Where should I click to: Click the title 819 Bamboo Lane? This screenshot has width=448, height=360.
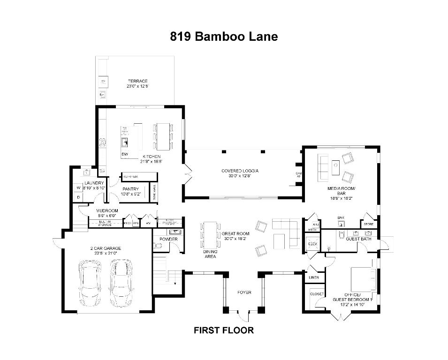(224, 37)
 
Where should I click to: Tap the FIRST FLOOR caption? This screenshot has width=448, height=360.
(224, 330)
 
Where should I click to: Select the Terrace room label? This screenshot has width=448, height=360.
(137, 82)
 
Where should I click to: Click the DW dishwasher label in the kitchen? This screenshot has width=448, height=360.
(125, 154)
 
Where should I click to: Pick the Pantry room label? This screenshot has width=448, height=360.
(131, 189)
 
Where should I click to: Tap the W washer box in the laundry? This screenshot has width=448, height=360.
(79, 188)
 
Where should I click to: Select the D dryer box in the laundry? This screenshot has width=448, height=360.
(79, 197)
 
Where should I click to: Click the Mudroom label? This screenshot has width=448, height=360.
(107, 211)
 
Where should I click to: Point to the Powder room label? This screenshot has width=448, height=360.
(168, 239)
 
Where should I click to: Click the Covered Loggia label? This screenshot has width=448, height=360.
(240, 171)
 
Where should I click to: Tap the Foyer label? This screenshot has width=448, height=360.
(244, 292)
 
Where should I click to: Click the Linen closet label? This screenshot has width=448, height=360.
(314, 277)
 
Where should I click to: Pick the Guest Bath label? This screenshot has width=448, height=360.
(358, 239)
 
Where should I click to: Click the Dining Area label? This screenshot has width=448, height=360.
(210, 254)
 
